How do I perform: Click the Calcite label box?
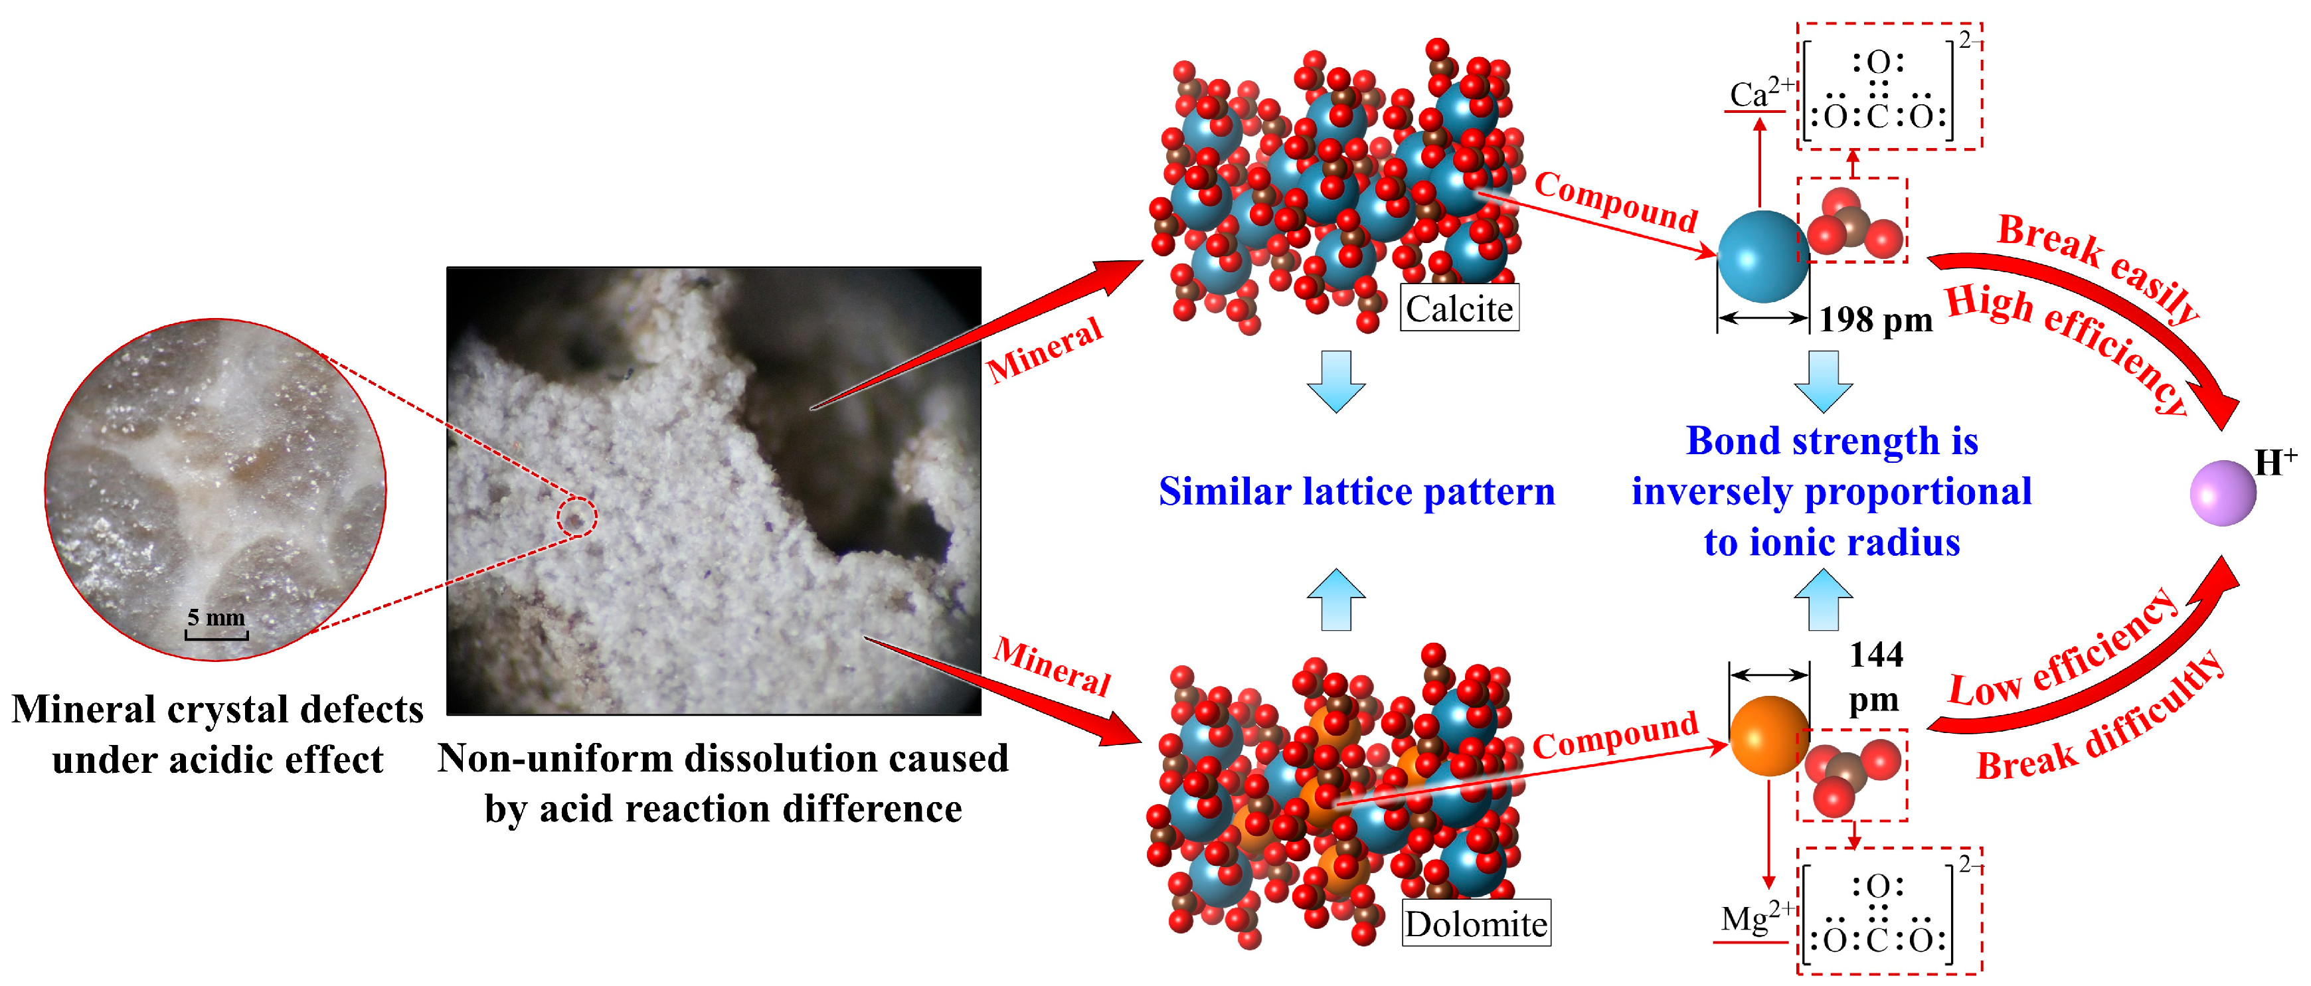tap(1459, 309)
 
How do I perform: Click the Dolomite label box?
tap(1476, 923)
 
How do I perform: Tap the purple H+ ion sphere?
tap(2222, 493)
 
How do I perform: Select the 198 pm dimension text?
tap(1875, 319)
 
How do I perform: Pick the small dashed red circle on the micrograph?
tap(576, 518)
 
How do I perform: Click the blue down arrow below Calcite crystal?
tap(1336, 381)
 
